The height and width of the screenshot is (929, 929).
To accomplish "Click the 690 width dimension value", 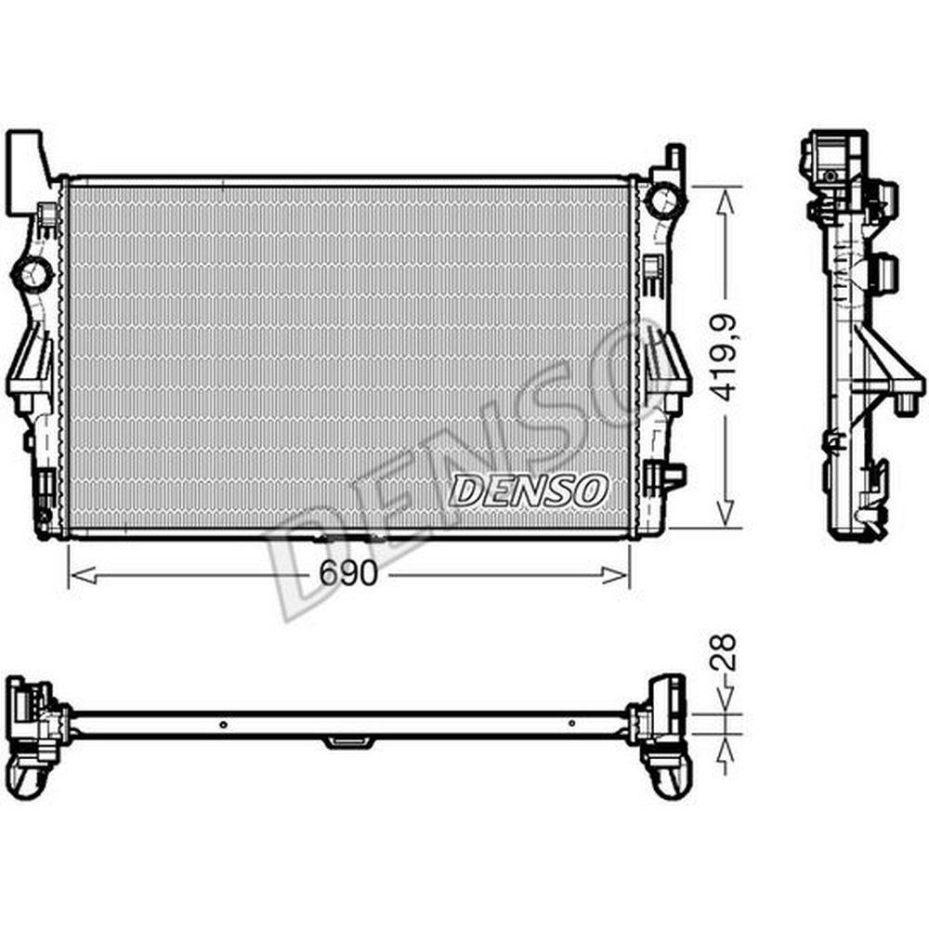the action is pos(347,573).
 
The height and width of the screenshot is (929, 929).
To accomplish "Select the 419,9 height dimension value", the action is pos(724,358).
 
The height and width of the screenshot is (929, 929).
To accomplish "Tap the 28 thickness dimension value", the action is pos(724,652).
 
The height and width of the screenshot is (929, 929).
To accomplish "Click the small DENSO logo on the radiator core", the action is pos(529,491).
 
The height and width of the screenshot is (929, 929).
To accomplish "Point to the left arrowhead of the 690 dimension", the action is pos(83,574).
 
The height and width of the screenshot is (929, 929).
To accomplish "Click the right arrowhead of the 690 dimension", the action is pos(614,574).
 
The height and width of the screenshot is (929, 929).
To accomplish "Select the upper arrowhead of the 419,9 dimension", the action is pos(726,202).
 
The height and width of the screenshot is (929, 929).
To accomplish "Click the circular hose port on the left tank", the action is pos(33,274).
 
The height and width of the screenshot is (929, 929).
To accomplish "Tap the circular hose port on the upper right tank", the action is pos(665,200).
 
